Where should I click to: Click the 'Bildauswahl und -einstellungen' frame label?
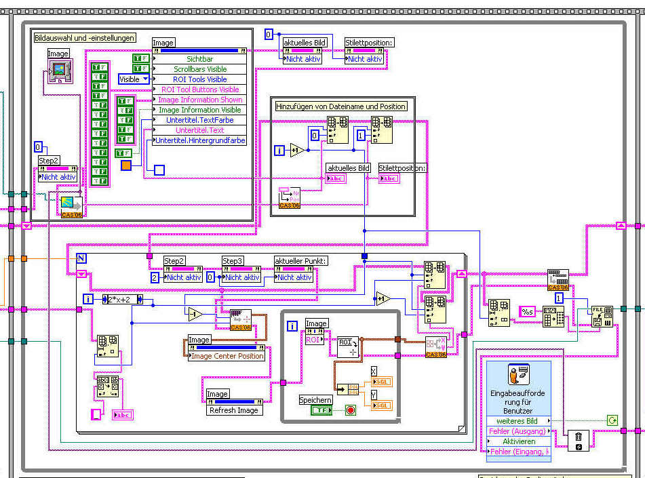85,38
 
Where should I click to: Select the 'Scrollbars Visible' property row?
200,69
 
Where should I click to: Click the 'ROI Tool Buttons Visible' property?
200,89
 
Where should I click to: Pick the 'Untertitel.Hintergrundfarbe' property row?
200,140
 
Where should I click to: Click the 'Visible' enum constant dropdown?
134,79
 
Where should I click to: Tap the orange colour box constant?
126,165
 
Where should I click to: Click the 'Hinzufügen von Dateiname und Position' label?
341,106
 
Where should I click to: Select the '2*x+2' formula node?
118,299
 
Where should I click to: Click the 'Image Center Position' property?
227,356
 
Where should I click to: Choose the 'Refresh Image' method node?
234,410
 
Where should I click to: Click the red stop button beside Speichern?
351,410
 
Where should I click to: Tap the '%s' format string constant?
528,312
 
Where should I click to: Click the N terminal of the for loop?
81,258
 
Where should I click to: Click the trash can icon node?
579,440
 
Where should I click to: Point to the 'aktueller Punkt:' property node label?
301,261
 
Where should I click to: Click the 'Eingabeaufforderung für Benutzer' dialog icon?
519,376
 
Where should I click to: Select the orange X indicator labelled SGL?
383,382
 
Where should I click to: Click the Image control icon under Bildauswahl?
59,68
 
